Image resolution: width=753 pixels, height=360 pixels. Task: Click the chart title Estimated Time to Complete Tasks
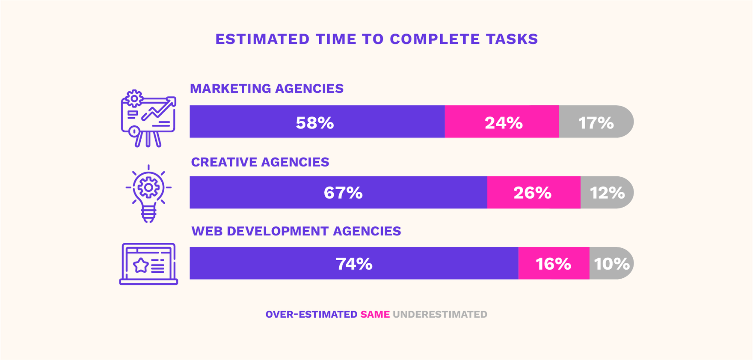click(376, 39)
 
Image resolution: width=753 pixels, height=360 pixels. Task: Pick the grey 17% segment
click(596, 122)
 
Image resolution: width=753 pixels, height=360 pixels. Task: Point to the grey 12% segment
click(607, 193)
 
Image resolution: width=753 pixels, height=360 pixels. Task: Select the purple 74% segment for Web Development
click(353, 263)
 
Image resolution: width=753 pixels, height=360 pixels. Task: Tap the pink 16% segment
click(554, 263)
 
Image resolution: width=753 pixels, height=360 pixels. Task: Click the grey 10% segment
click(611, 263)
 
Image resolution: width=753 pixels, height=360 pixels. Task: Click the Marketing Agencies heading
click(267, 89)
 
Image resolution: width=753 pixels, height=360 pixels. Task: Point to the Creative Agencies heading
click(260, 162)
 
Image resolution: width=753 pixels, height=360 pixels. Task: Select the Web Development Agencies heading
click(296, 231)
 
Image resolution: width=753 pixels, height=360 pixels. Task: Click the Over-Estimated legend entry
click(311, 315)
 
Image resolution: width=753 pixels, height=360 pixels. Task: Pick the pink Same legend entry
click(375, 315)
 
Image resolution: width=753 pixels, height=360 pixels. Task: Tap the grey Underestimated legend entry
click(440, 315)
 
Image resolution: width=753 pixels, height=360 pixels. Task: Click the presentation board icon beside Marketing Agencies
click(148, 119)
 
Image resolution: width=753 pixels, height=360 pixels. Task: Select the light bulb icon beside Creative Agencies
click(148, 193)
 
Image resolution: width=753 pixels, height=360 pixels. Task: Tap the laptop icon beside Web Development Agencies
click(148, 264)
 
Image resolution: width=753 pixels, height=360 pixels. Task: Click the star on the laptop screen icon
click(141, 265)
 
